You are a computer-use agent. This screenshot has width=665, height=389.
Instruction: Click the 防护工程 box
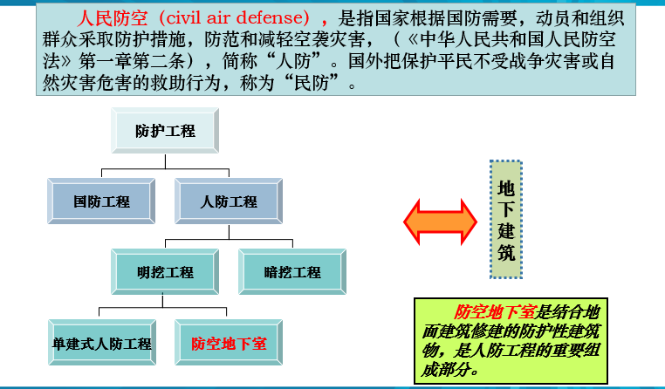coord(165,131)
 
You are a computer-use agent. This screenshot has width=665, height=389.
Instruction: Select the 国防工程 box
coord(101,201)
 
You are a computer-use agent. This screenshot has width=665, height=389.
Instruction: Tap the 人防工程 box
coord(229,201)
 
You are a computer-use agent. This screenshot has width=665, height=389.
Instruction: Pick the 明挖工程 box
coord(165,271)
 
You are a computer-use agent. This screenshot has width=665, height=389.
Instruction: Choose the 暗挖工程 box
coord(292,271)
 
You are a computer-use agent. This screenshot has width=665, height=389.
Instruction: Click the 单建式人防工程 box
coord(102,343)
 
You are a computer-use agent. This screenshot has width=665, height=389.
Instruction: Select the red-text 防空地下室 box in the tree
coord(229,343)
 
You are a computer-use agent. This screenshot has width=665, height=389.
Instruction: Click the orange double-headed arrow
coord(440,222)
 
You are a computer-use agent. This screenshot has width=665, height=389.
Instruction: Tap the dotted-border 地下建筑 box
coord(506,220)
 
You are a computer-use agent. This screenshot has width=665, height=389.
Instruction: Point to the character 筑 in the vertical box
coord(506,253)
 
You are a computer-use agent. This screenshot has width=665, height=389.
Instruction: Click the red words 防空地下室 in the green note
coord(495,312)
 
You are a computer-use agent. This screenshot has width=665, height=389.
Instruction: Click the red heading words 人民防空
coord(113,17)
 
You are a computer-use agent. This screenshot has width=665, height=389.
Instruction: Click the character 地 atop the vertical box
coord(506,188)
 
